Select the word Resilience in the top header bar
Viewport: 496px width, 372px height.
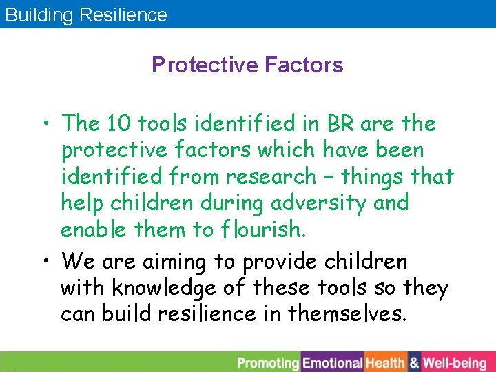(123, 15)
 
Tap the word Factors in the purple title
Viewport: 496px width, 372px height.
(304, 65)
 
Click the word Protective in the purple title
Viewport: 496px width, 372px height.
(204, 65)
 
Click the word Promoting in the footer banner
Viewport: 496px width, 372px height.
(268, 362)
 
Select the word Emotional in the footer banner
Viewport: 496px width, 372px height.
(333, 362)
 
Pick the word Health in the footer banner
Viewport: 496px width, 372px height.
(385, 362)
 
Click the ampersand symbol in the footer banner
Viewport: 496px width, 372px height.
(414, 362)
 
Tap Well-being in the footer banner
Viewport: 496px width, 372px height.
(455, 362)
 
